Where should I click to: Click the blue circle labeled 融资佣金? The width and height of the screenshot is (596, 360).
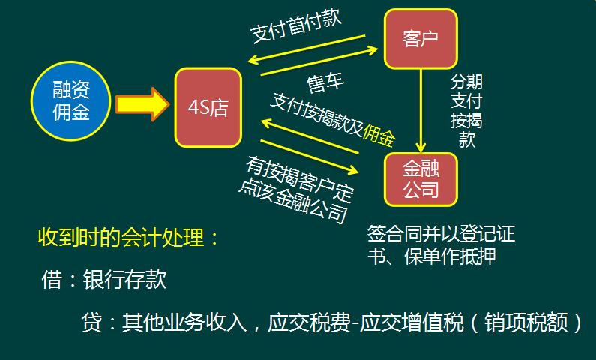tap(71, 100)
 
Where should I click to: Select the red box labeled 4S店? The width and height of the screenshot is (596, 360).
tap(208, 107)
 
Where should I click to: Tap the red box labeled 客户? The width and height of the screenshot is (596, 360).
tap(420, 37)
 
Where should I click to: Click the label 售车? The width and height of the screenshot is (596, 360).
tap(325, 80)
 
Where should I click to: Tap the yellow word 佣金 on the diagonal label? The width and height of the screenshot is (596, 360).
tap(379, 134)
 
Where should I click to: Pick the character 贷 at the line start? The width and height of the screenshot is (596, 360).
tap(92, 323)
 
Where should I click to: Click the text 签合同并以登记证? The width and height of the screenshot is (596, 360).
tap(442, 233)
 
